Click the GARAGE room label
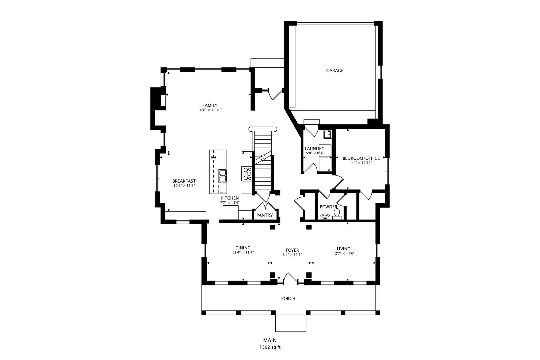pos(335,71)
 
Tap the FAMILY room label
pos(210,105)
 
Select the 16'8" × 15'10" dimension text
pos(210,110)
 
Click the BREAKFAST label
pos(184,181)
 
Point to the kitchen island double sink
pos(222,176)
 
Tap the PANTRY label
pos(264,215)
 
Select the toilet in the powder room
pos(337,214)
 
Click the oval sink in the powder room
pos(325,217)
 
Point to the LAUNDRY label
pos(314,149)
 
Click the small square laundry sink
pos(328,134)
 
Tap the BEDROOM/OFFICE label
pos(361,158)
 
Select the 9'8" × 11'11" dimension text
pos(361,163)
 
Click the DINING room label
pos(243,248)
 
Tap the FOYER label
pos(292,250)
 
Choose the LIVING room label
pos(344,249)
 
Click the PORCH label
pos(288,299)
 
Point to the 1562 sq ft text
pos(270,347)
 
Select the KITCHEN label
pos(229,198)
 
